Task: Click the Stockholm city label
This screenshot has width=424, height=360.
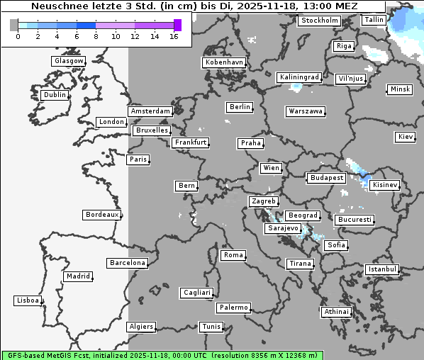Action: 319,21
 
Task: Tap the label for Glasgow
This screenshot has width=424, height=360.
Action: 69,61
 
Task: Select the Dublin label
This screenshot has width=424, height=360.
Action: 54,95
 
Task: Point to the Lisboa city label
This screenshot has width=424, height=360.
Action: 28,300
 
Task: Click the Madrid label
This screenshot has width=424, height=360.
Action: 77,276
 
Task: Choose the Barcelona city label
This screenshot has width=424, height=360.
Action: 127,263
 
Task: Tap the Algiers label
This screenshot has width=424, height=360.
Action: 140,327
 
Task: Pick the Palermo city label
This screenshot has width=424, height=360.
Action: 233,308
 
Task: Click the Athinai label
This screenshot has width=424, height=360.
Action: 336,312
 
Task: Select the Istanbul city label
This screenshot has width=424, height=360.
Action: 382,269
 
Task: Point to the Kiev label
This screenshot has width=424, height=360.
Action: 406,137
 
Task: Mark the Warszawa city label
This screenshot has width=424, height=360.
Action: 306,111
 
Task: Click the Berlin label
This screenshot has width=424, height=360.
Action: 240,107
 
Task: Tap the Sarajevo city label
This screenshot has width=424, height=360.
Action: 283,229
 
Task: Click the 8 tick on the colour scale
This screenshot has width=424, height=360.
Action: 96,36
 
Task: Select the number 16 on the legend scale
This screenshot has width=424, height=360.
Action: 174,36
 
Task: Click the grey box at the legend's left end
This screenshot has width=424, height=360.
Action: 14,25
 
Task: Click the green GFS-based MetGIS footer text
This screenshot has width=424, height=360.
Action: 162,354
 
